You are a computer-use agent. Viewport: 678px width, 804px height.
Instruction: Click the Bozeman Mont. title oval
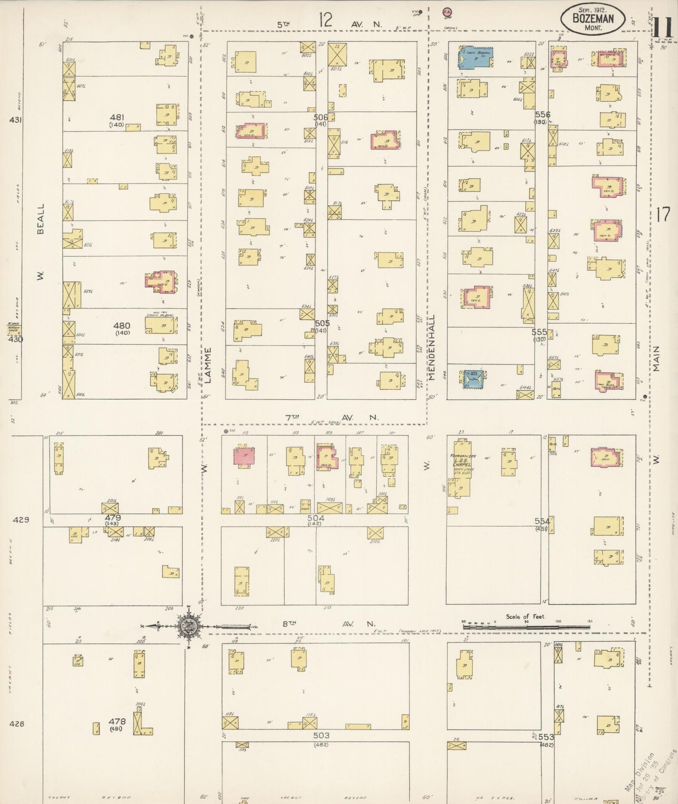(x=593, y=18)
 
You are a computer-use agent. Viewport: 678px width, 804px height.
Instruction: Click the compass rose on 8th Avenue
(x=189, y=626)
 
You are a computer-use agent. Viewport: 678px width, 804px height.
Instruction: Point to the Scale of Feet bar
(x=526, y=626)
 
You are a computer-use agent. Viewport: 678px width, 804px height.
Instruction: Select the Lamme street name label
(x=208, y=365)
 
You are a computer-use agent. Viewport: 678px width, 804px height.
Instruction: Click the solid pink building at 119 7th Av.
(x=244, y=456)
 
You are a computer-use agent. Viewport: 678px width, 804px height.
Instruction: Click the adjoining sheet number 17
(x=663, y=215)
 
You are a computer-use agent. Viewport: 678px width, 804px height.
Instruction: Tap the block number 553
(x=546, y=737)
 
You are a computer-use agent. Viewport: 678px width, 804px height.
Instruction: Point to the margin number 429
(x=21, y=519)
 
